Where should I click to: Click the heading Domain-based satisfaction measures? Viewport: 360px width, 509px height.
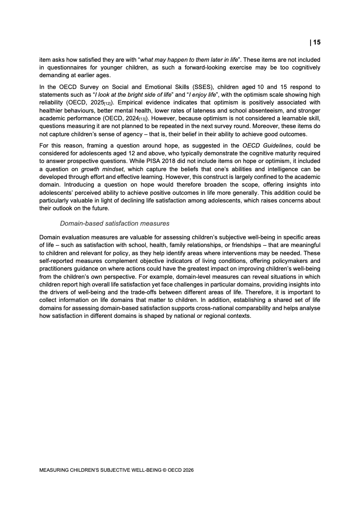[115, 223]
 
